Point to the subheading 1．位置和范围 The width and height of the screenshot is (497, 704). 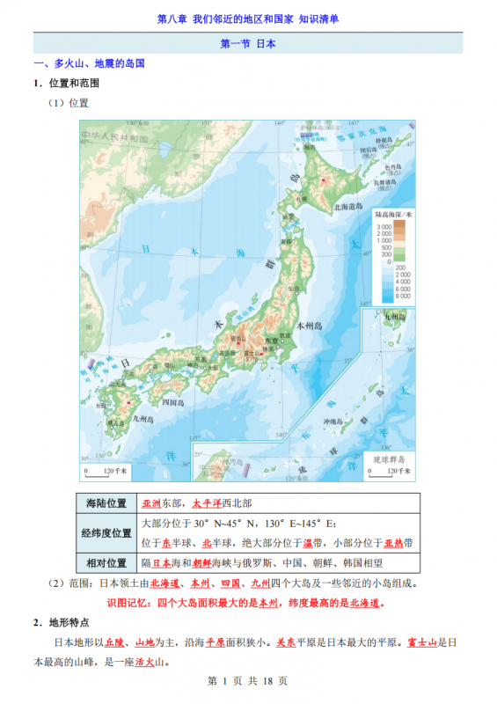pos(67,84)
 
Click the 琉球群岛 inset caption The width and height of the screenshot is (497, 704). pos(384,459)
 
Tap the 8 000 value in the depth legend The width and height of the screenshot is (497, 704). pos(402,297)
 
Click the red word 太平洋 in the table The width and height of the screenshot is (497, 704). pos(208,504)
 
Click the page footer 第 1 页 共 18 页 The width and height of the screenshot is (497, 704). pos(248,680)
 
